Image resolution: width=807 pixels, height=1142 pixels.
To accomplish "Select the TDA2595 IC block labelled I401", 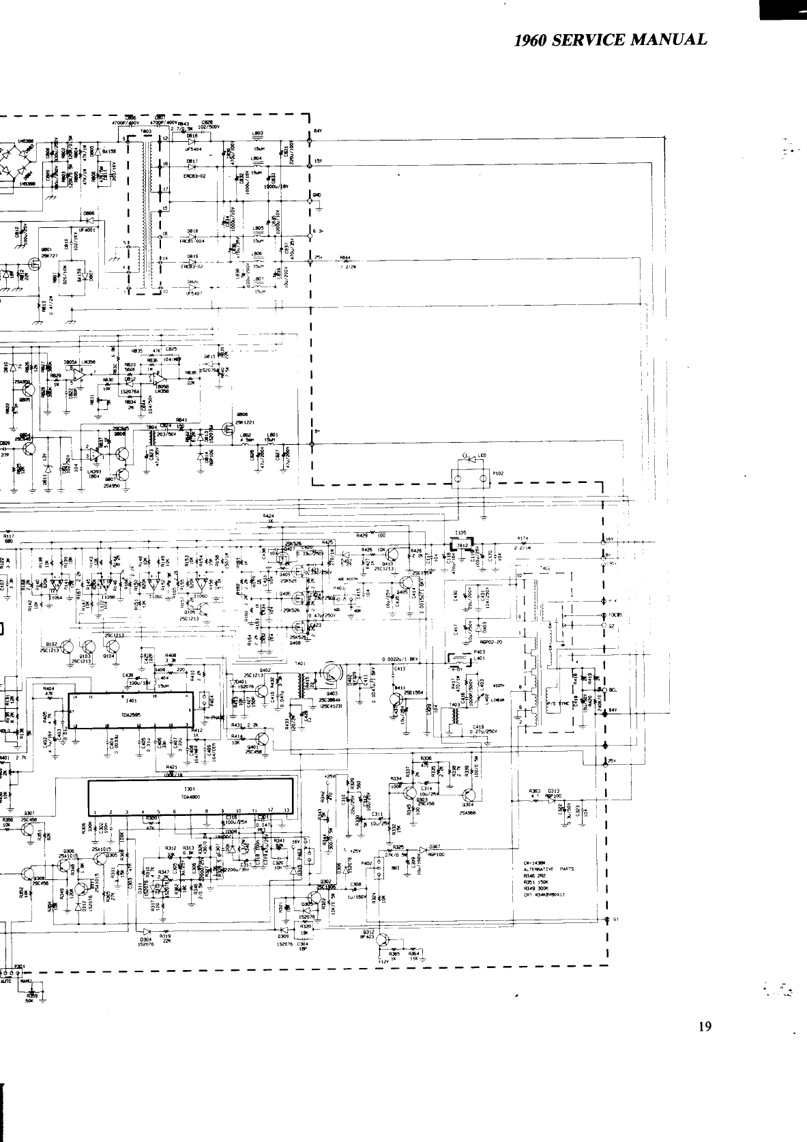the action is click(129, 710).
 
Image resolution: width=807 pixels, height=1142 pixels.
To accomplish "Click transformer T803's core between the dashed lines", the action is click(145, 211).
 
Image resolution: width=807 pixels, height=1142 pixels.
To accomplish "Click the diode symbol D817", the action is click(192, 167).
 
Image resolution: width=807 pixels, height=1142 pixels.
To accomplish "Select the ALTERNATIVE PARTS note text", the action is click(548, 869).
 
